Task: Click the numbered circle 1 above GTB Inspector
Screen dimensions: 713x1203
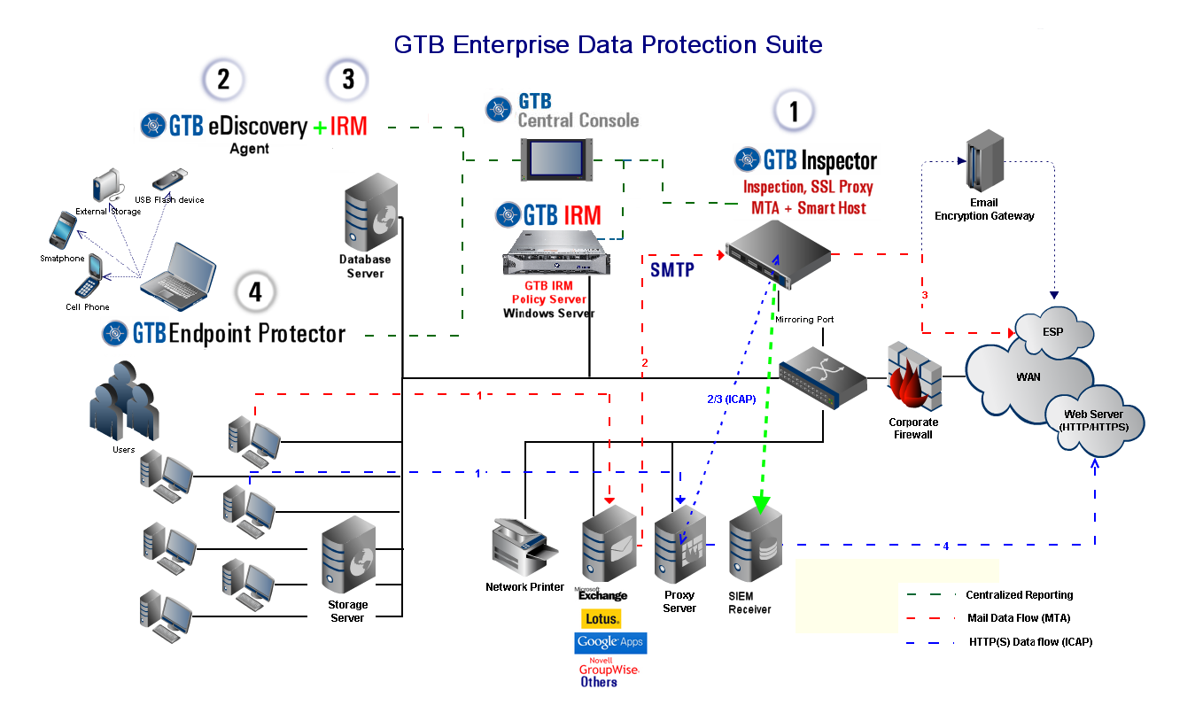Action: pos(794,112)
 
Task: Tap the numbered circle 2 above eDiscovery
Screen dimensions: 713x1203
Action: pos(223,80)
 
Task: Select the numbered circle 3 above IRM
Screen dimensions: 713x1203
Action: pos(347,80)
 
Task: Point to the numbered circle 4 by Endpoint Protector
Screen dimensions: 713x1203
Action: pos(256,293)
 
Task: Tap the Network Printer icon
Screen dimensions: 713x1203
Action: pos(524,548)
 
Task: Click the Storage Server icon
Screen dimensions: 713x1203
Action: pos(349,557)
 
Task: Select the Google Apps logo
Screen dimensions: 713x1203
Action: pos(610,642)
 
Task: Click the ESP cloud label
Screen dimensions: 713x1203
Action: pos(1052,333)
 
